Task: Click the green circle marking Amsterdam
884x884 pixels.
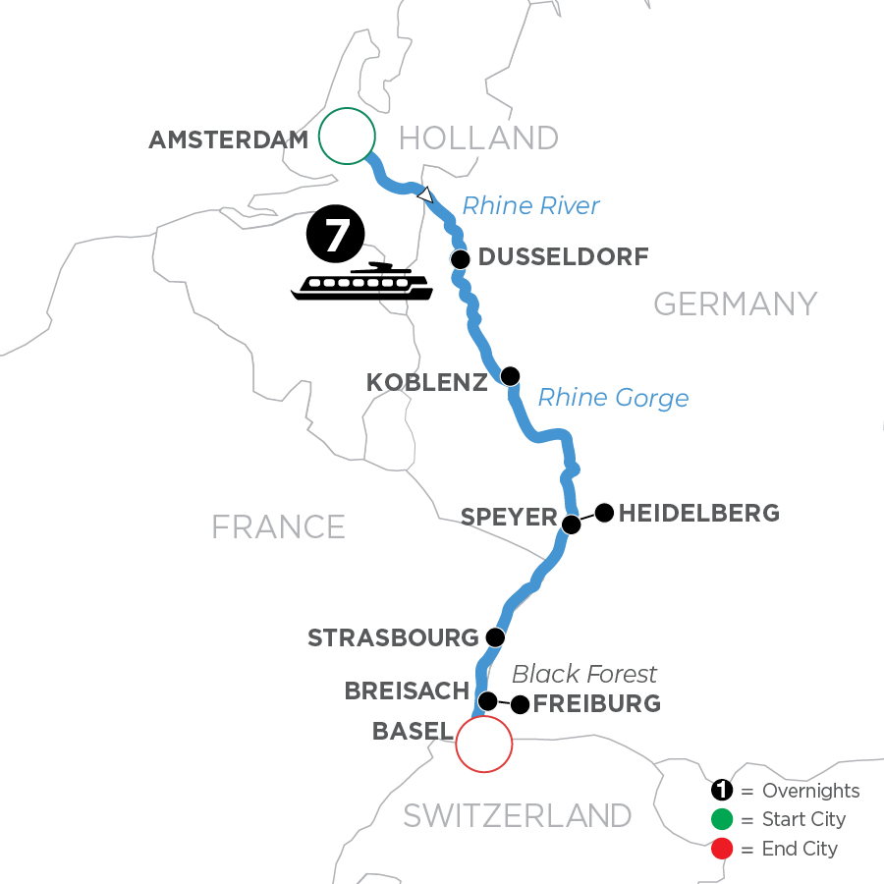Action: click(x=347, y=136)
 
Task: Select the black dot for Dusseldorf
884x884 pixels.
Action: click(x=460, y=259)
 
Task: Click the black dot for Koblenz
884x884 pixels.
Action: click(x=510, y=376)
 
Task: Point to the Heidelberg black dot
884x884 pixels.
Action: click(x=604, y=512)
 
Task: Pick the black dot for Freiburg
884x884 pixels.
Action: click(x=520, y=704)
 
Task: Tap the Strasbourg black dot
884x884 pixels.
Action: click(x=495, y=636)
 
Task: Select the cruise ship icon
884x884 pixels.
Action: click(x=362, y=282)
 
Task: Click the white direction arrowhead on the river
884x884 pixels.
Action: click(x=424, y=195)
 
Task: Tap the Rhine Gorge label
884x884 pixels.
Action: click(x=613, y=398)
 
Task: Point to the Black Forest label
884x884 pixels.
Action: click(x=584, y=674)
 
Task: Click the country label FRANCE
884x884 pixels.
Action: click(x=278, y=526)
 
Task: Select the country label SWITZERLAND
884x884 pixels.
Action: click(x=519, y=815)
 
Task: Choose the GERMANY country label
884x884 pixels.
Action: click(x=735, y=304)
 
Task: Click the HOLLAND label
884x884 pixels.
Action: click(x=479, y=138)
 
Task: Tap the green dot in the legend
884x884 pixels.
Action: click(x=721, y=820)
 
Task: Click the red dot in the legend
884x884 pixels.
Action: click(x=721, y=849)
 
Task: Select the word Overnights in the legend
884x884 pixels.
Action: click(x=810, y=792)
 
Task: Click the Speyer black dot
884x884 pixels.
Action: click(x=571, y=525)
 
